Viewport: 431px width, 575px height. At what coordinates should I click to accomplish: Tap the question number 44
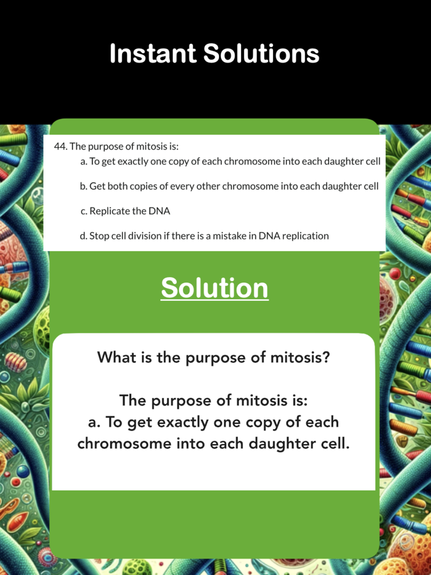61,146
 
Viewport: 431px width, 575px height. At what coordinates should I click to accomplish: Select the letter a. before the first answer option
84,162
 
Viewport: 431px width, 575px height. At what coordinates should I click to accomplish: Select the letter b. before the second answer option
84,186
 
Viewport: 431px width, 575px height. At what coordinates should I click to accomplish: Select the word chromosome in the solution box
125,444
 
